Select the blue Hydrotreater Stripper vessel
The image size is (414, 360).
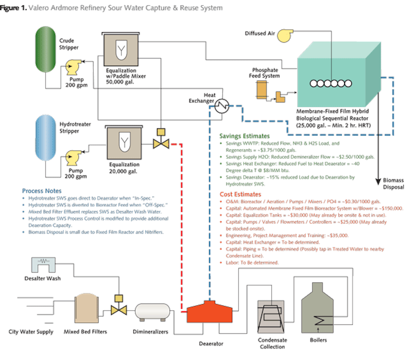tap(45, 137)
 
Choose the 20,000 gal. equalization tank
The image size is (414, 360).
tap(124, 143)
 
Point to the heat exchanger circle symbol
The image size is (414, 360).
tap(222, 106)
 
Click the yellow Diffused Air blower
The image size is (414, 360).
tap(285, 35)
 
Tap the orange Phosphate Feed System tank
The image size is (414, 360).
tap(262, 90)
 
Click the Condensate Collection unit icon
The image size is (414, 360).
tap(271, 316)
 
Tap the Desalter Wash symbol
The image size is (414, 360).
tap(43, 265)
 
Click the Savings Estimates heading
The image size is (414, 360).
tap(244, 136)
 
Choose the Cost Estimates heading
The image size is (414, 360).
tap(240, 194)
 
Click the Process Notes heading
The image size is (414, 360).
tap(41, 191)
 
